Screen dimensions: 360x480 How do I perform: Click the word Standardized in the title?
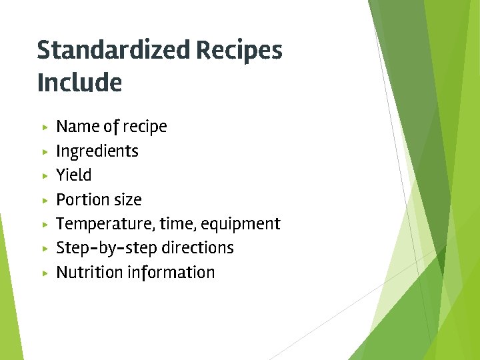[x=113, y=51]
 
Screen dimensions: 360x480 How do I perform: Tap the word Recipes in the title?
[x=239, y=51]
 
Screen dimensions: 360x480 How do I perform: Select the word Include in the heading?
[x=79, y=83]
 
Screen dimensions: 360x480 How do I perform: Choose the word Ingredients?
[x=97, y=151]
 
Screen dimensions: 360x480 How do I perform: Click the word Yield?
[x=74, y=175]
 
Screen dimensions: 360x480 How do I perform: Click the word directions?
[x=194, y=248]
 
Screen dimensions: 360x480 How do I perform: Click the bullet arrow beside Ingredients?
[x=44, y=151]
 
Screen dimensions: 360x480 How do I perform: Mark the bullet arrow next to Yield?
[x=44, y=175]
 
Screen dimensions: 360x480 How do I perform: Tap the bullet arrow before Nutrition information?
[x=44, y=273]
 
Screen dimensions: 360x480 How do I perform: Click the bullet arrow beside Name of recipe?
[x=44, y=127]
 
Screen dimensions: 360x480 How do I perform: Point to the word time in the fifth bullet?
[x=175, y=224]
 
